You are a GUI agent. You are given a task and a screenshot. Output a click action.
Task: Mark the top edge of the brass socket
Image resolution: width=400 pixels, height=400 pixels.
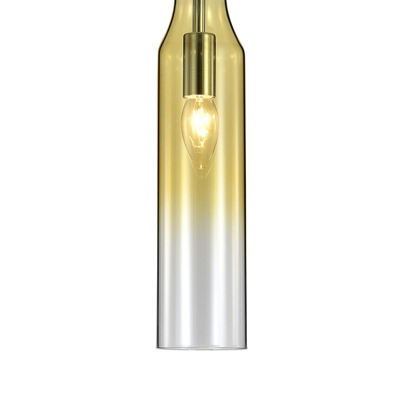point(199,34)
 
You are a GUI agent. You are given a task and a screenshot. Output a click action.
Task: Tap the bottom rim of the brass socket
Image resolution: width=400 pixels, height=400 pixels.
point(199,97)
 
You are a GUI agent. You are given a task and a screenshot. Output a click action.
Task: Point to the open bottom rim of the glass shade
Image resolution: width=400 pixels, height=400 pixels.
point(200,347)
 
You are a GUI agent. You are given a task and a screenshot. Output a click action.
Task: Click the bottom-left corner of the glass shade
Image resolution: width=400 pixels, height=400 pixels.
point(159,346)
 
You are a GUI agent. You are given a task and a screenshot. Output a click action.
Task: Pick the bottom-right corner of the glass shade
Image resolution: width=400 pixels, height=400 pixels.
point(243,346)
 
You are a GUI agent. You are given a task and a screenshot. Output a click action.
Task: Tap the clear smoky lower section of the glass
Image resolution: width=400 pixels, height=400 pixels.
point(200,300)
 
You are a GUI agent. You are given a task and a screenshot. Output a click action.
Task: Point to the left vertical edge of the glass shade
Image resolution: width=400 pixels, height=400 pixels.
point(158,200)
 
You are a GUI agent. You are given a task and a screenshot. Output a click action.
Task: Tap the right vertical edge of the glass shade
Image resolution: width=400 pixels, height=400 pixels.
point(243,200)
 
